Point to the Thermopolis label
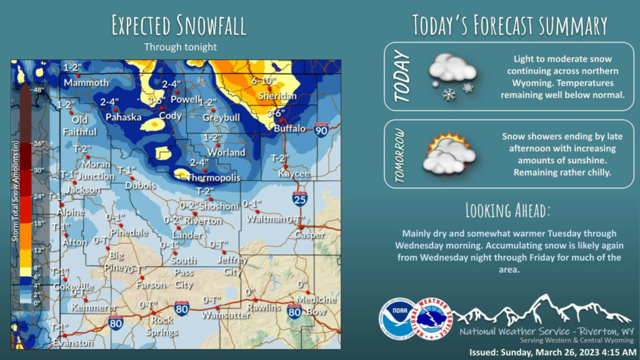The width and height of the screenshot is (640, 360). [x=214, y=178]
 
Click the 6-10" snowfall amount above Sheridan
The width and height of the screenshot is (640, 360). [x=264, y=81]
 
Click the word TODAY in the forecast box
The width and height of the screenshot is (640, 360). [x=402, y=76]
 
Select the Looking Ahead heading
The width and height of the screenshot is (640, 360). [x=508, y=209]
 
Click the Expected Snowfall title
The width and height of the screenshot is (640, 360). [x=178, y=26]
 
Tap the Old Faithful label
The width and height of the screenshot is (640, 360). [x=79, y=126]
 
